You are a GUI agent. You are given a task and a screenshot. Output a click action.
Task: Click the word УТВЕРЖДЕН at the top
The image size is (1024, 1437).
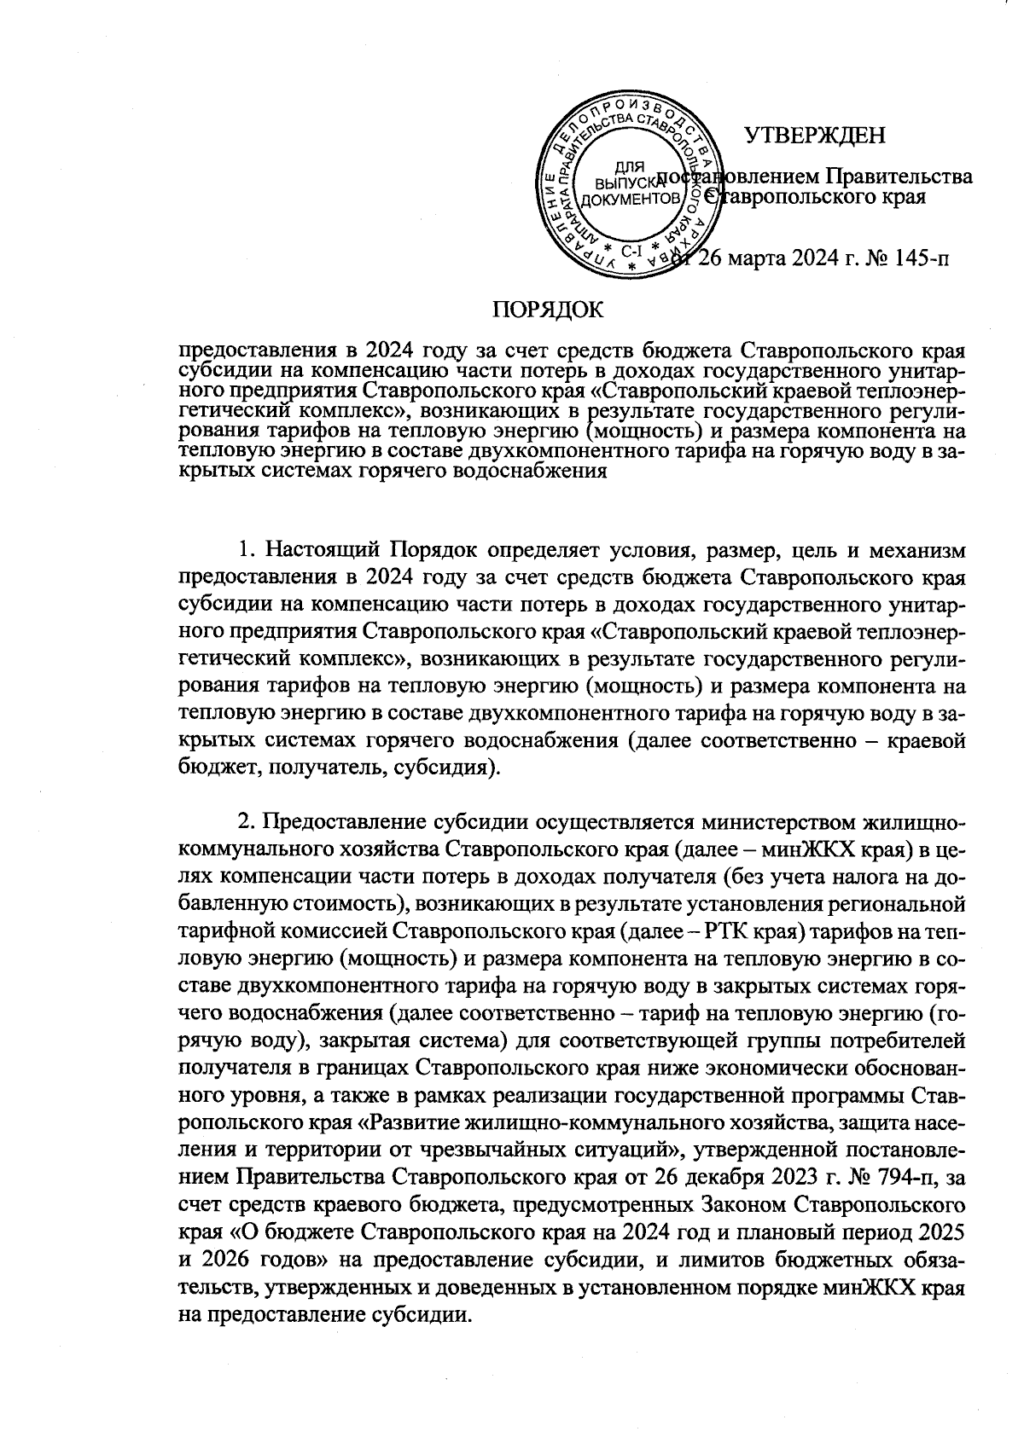(x=815, y=136)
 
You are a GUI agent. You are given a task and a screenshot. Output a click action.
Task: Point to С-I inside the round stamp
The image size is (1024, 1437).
(x=632, y=252)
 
